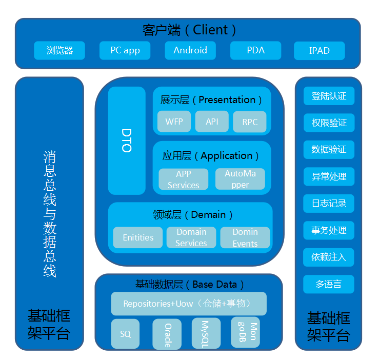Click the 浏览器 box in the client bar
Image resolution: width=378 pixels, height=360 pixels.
tap(59, 50)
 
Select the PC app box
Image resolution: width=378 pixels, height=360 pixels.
tap(125, 50)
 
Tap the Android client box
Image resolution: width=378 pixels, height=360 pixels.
tap(190, 50)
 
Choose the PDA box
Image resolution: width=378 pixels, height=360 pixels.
tap(255, 50)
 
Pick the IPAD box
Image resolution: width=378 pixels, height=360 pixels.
tap(319, 51)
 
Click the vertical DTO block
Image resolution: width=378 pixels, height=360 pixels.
tap(127, 141)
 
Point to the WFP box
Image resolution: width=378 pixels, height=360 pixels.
tap(174, 122)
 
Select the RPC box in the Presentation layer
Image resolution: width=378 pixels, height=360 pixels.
tap(250, 122)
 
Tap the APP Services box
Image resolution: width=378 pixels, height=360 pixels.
tap(183, 179)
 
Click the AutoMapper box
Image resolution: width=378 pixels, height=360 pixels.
tap(240, 179)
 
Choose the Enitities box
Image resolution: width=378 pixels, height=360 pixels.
tap(138, 237)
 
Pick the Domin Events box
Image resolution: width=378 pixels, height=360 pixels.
tap(245, 237)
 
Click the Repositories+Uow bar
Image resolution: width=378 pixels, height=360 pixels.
tap(189, 304)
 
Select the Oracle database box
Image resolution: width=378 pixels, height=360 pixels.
tap(167, 334)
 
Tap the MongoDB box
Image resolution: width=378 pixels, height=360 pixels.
tap(246, 332)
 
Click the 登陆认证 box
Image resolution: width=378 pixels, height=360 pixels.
tap(329, 96)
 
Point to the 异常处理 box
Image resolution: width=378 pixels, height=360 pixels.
tap(329, 176)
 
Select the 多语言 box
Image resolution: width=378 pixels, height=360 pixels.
tap(329, 284)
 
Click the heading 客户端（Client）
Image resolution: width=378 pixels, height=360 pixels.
tap(189, 30)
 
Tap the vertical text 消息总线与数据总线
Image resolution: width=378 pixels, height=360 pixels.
tap(49, 213)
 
